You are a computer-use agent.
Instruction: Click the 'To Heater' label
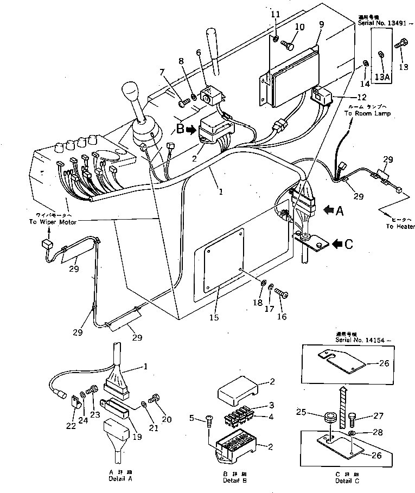coord(400,227)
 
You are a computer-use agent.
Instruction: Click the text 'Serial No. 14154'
coord(359,340)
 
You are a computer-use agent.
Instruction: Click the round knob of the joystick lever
coord(132,92)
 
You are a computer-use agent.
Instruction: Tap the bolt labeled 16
coord(281,293)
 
